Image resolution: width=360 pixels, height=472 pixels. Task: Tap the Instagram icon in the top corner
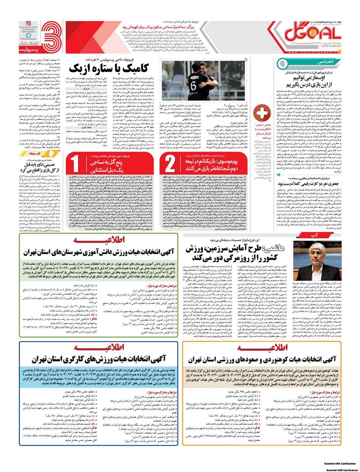click(x=28, y=23)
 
